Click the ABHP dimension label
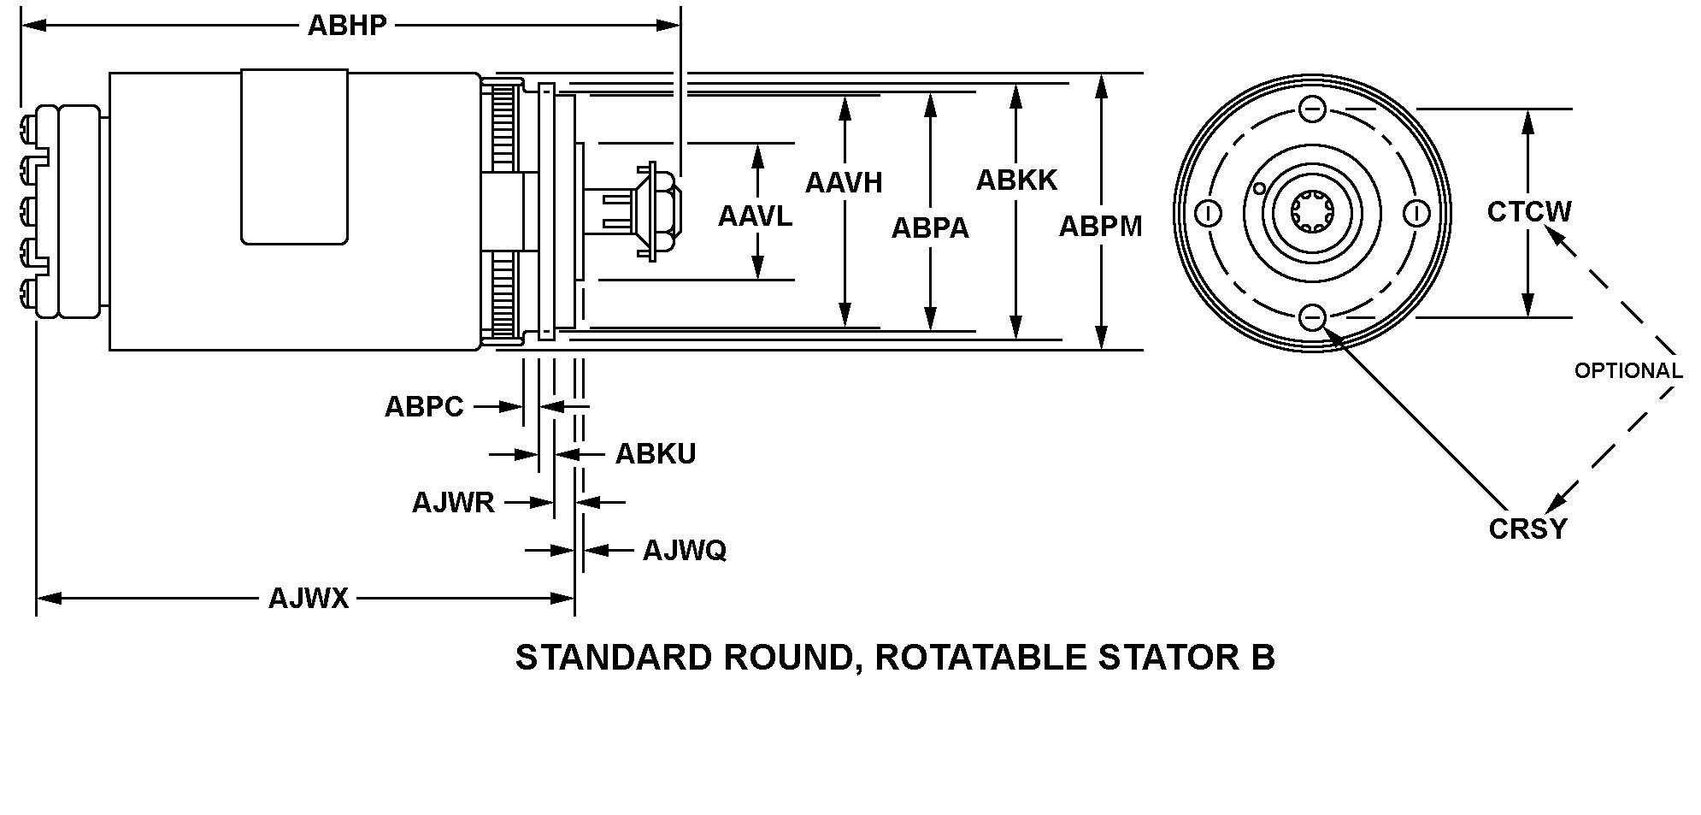point(347,26)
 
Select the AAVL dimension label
point(755,216)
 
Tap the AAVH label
point(843,182)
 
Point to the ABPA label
point(930,227)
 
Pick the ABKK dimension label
point(1016,180)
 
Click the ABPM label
point(1100,226)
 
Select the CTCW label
point(1528,211)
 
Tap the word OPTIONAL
point(1628,371)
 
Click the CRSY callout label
point(1527,529)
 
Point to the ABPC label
point(424,406)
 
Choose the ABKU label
point(656,454)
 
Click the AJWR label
point(453,502)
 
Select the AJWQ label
point(684,550)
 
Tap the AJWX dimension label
point(309,598)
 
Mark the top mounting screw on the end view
point(1312,109)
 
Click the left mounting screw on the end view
point(1209,213)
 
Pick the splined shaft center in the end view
point(1312,213)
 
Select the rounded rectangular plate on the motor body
point(295,157)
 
